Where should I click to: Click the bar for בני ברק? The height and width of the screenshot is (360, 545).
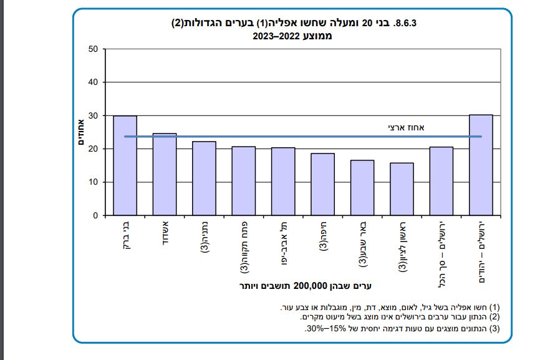[x=125, y=165]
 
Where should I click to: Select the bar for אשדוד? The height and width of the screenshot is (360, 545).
[x=165, y=174]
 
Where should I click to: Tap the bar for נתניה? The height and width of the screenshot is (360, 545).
[x=204, y=178]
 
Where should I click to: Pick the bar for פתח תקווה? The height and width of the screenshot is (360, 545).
[x=243, y=181]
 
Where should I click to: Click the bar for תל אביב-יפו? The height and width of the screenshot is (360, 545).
[x=283, y=182]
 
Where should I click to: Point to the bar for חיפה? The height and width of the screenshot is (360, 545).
[x=322, y=184]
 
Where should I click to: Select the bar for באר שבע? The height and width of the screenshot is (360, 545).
[x=362, y=188]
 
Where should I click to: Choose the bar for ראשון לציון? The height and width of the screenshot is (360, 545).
[x=402, y=189]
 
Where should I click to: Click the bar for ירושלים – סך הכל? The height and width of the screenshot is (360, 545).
[x=441, y=181]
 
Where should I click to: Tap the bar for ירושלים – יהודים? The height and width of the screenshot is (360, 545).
[x=481, y=165]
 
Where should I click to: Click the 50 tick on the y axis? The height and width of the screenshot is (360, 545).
[x=93, y=49]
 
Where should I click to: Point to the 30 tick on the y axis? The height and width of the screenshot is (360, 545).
[x=93, y=115]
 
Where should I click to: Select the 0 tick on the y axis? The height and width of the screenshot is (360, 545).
[x=95, y=215]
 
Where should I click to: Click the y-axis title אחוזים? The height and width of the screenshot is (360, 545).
[x=81, y=132]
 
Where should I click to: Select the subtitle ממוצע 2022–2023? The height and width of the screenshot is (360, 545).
[x=292, y=36]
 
